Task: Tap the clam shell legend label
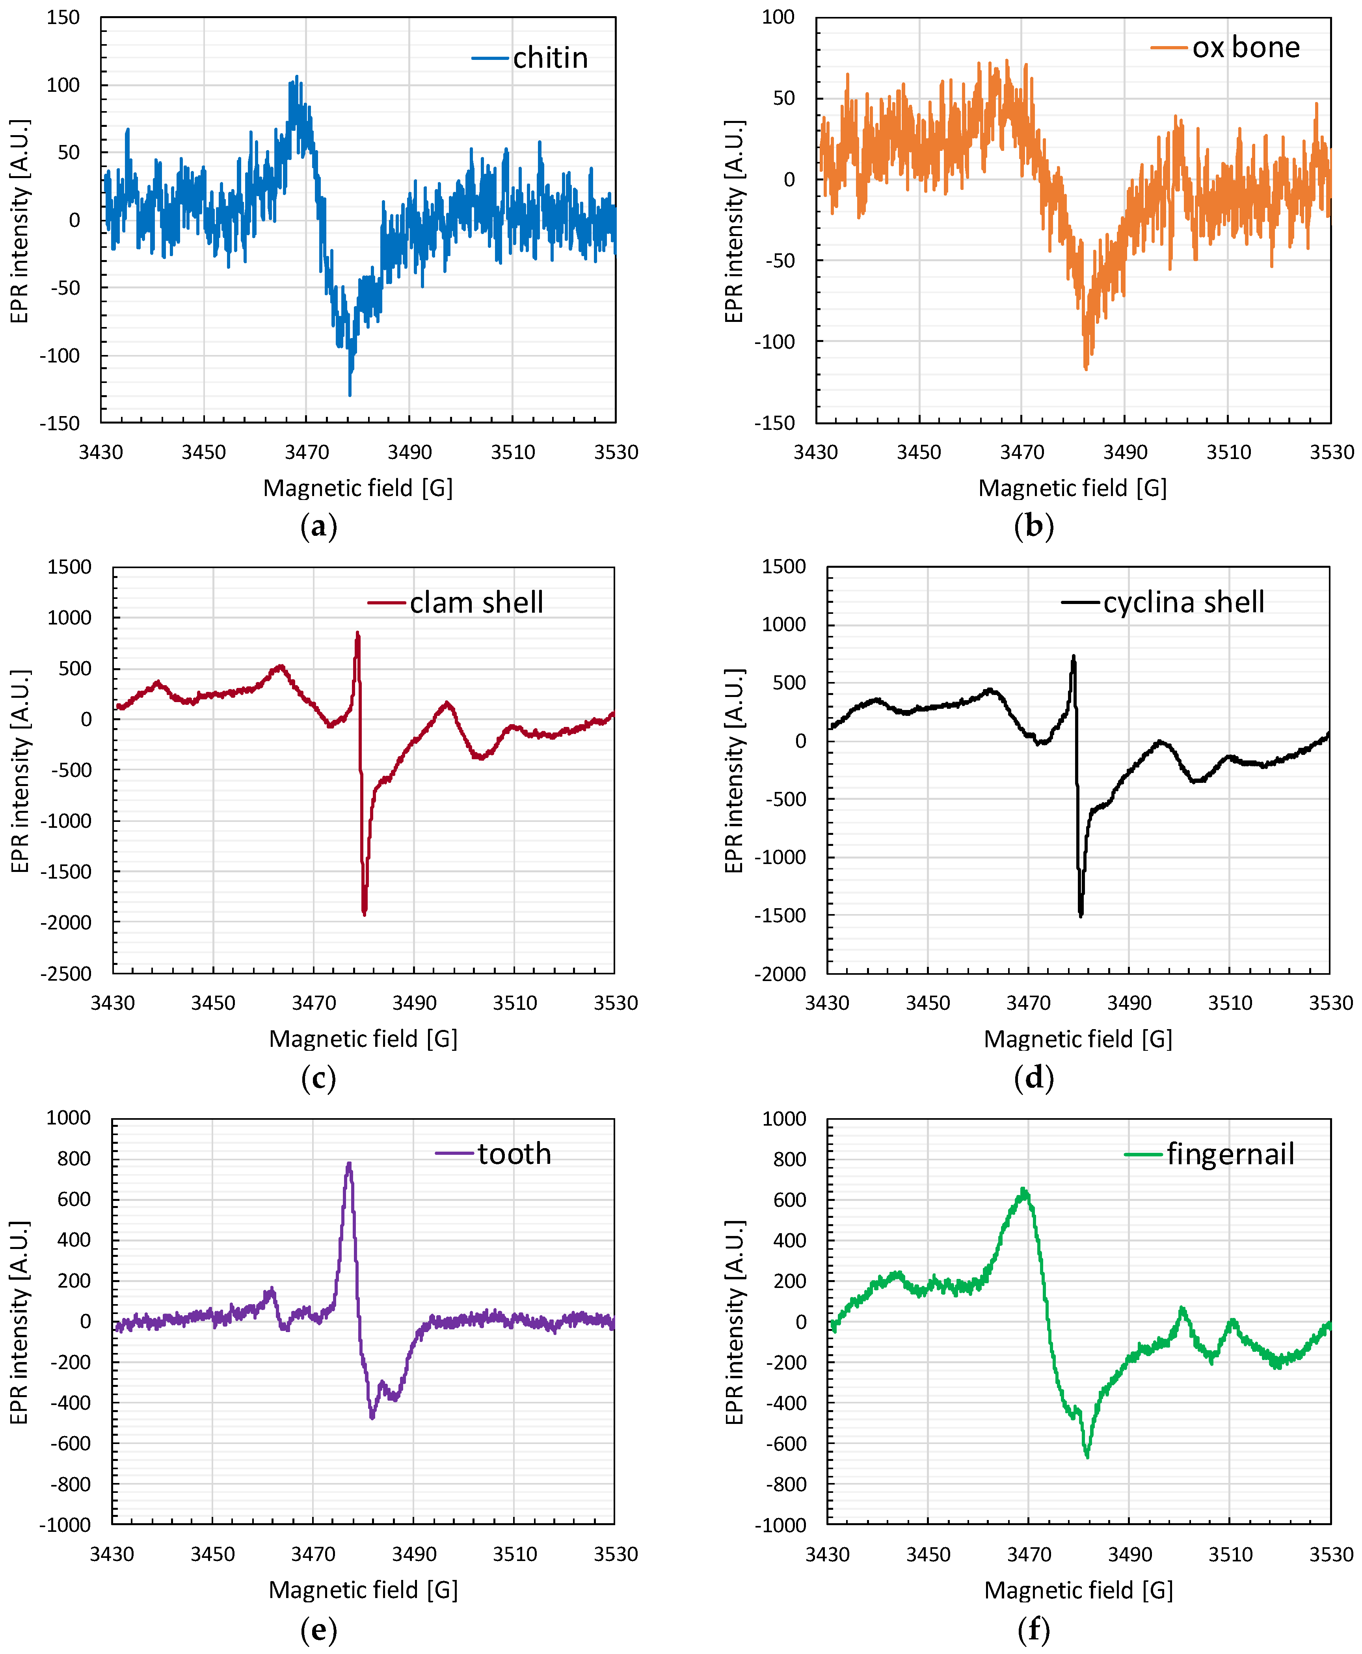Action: tap(476, 602)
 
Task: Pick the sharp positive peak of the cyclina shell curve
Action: tap(1073, 657)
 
